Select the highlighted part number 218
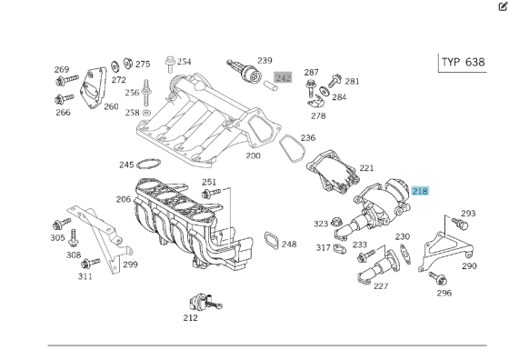tap(420, 191)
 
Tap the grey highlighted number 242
tap(283, 78)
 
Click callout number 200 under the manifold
tap(253, 155)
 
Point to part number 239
tap(264, 61)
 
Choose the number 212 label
tap(190, 317)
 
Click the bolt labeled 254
tap(169, 64)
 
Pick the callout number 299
tap(131, 265)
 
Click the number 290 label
tap(469, 266)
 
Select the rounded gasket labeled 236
tap(290, 147)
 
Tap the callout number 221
tap(366, 168)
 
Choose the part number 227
tap(380, 286)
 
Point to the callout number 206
tap(124, 199)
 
